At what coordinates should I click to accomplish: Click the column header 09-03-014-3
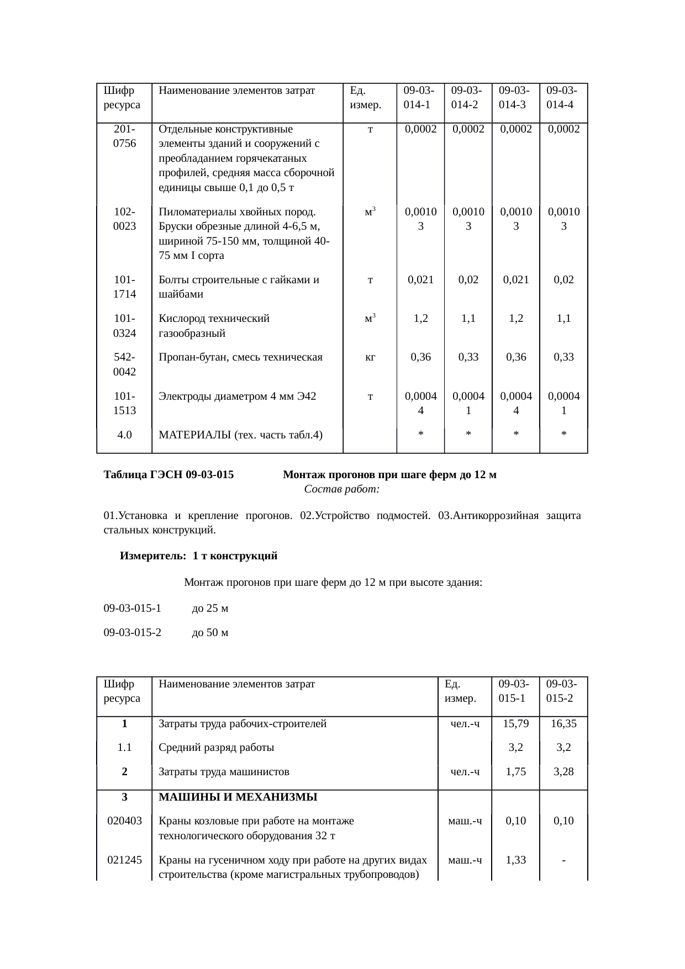(x=515, y=97)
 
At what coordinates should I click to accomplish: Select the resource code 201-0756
(x=125, y=136)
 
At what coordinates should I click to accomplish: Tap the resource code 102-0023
(x=125, y=219)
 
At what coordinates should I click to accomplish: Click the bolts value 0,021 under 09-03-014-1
(x=420, y=279)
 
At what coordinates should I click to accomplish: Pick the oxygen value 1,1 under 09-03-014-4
(x=563, y=318)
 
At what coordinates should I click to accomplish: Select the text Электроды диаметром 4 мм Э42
(x=237, y=396)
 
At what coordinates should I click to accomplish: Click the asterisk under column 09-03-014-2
(x=468, y=435)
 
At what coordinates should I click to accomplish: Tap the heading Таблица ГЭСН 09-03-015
(x=168, y=475)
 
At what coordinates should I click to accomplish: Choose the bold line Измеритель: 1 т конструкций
(x=198, y=557)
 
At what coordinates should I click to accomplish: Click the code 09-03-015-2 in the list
(x=133, y=633)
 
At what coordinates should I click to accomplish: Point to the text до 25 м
(x=210, y=608)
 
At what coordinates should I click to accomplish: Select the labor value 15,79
(x=515, y=724)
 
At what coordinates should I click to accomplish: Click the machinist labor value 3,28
(x=563, y=772)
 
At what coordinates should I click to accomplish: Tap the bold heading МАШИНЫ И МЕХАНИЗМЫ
(x=238, y=797)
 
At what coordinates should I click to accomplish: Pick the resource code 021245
(x=125, y=860)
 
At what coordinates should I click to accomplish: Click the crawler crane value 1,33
(x=515, y=860)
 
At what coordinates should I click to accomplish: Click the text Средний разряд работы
(x=216, y=748)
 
